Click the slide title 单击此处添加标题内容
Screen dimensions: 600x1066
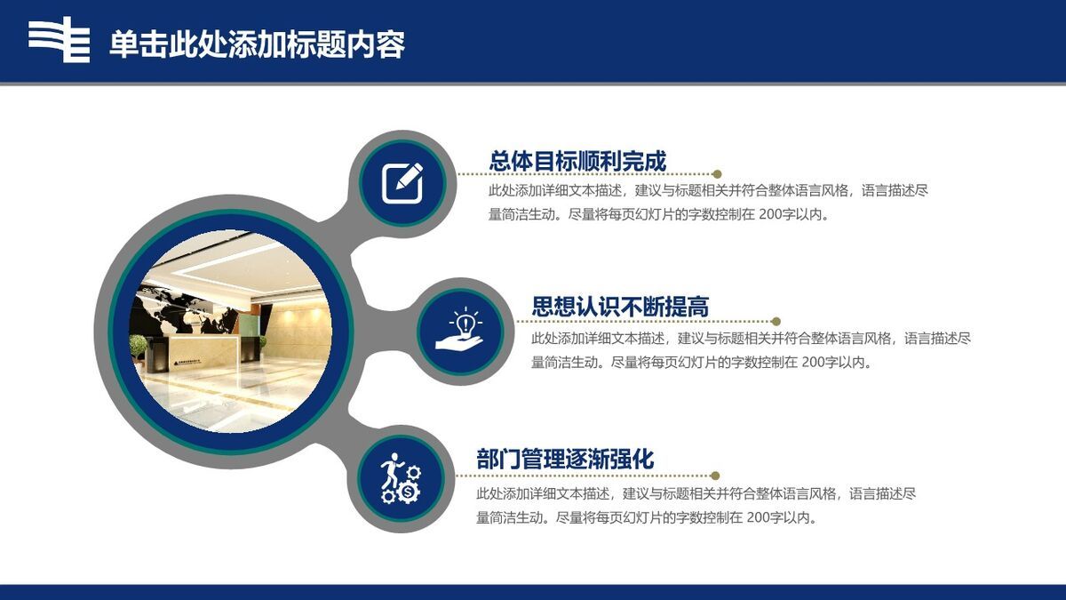click(257, 44)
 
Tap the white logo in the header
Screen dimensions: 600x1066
click(60, 40)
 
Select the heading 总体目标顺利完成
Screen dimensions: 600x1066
click(577, 160)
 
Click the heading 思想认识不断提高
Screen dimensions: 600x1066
click(620, 308)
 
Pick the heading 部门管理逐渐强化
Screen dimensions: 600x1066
click(565, 459)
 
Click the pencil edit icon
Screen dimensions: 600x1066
click(402, 182)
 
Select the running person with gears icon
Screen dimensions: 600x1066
click(401, 479)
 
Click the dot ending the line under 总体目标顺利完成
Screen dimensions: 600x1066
click(717, 174)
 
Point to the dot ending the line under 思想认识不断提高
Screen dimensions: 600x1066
click(776, 322)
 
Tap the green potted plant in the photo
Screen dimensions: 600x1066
click(139, 346)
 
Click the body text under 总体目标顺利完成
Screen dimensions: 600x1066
click(708, 202)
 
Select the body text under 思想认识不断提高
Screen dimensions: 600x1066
click(751, 349)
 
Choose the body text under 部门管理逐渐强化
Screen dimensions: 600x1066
click(696, 505)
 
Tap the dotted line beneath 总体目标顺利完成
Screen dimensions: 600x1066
click(586, 174)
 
